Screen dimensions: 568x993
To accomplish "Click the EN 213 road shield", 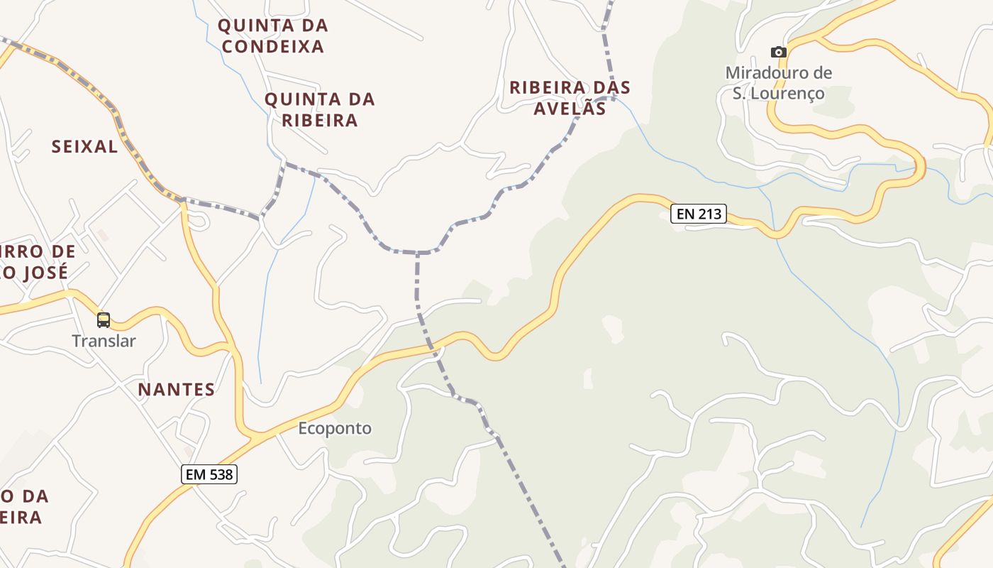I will pos(699,214).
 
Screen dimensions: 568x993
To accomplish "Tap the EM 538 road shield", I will pos(209,474).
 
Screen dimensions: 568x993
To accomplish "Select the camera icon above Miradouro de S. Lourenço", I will pos(779,52).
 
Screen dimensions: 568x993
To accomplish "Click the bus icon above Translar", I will pos(104,320).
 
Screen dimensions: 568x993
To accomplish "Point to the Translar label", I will pos(104,341).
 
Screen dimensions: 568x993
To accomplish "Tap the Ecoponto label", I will pos(335,429).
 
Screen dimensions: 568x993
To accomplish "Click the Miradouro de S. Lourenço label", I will pos(779,83).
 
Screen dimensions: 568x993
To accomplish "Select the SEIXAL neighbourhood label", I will pos(84,147).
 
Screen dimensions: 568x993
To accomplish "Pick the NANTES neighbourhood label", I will pos(177,390).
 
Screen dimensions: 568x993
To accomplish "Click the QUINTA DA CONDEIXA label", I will pos(273,36).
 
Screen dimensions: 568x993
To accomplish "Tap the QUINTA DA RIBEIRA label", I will pos(320,110).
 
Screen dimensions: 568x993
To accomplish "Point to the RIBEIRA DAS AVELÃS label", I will pos(570,98).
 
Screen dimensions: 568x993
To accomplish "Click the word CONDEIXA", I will pos(273,47).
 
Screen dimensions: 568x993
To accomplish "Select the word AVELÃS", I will pos(570,109).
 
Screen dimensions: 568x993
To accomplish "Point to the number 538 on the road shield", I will pos(221,474).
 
